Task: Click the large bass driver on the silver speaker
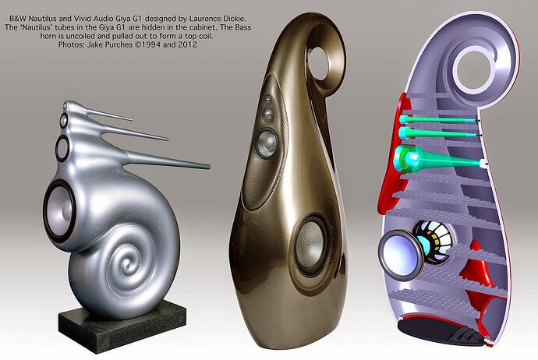pos(60,210)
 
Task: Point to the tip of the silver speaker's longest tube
pos(209,167)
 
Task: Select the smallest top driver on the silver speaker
pos(63,120)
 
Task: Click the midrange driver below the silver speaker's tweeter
pos(63,149)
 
